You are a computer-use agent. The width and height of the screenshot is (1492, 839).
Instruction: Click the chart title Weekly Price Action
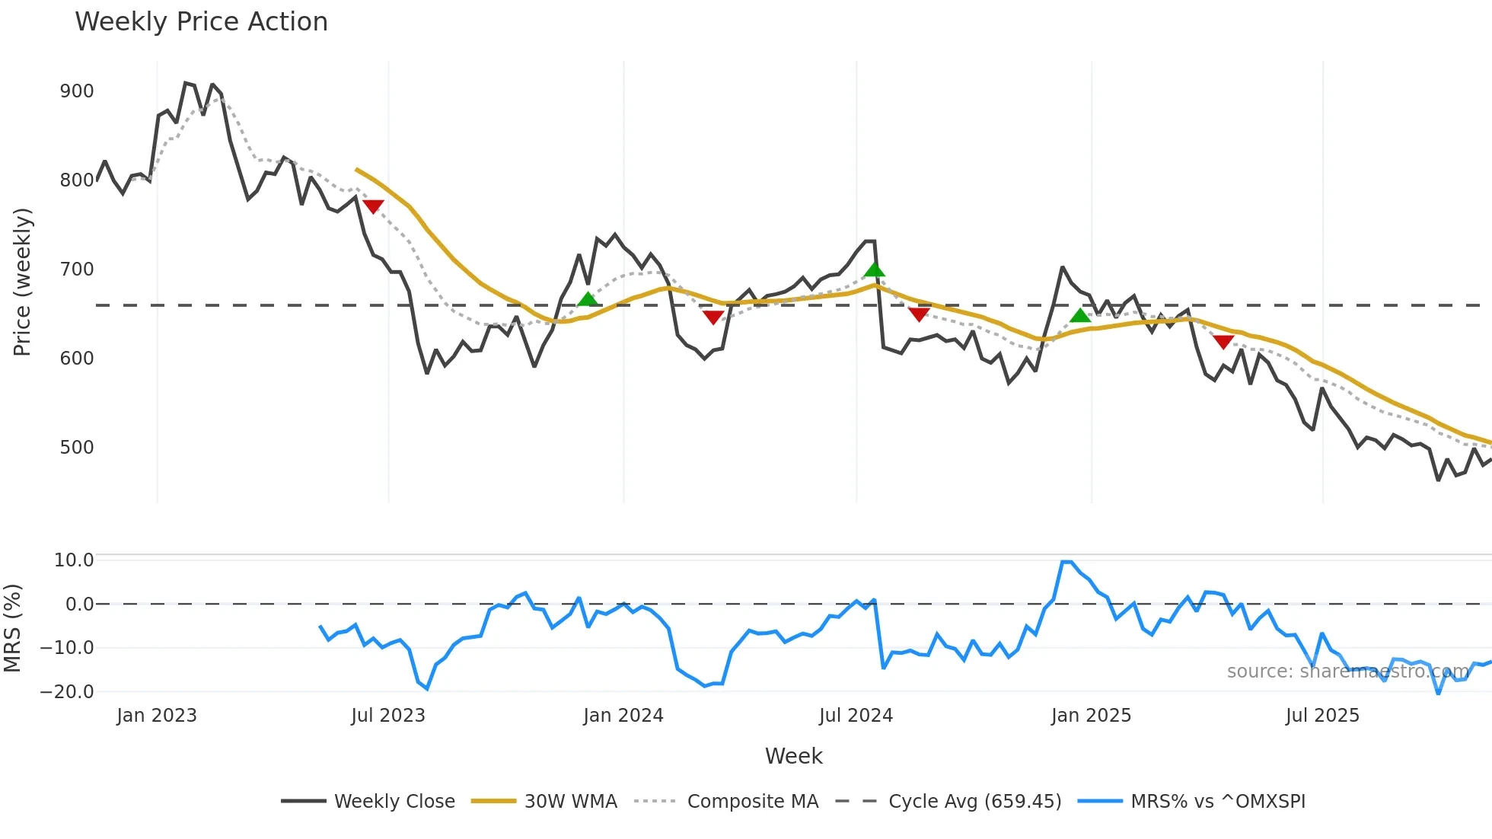[x=201, y=22]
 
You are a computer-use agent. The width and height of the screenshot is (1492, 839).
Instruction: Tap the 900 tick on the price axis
[x=77, y=91]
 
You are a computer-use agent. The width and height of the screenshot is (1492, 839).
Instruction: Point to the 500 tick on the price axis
[x=77, y=448]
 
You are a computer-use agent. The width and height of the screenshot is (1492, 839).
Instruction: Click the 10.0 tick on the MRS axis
[x=73, y=560]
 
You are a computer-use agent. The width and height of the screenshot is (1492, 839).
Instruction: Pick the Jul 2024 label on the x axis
[x=856, y=716]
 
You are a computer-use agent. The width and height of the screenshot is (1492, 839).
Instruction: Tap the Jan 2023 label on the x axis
[x=157, y=716]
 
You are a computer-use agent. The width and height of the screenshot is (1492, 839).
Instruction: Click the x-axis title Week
[x=793, y=756]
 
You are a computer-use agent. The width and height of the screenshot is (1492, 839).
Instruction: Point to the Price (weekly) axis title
[x=23, y=282]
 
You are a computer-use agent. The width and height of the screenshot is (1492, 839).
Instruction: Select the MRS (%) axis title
[x=13, y=628]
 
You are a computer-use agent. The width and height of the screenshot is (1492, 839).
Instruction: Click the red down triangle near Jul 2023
[x=373, y=206]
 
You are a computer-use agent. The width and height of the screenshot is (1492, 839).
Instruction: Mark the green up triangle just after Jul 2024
[x=875, y=270]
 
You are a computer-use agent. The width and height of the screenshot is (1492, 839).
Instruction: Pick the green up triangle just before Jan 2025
[x=1080, y=315]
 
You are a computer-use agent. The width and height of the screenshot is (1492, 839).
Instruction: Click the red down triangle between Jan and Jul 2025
[x=1223, y=342]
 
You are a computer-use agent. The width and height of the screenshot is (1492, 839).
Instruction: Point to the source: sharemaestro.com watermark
[x=1347, y=672]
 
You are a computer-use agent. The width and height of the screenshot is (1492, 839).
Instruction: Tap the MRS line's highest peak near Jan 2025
[x=1066, y=563]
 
